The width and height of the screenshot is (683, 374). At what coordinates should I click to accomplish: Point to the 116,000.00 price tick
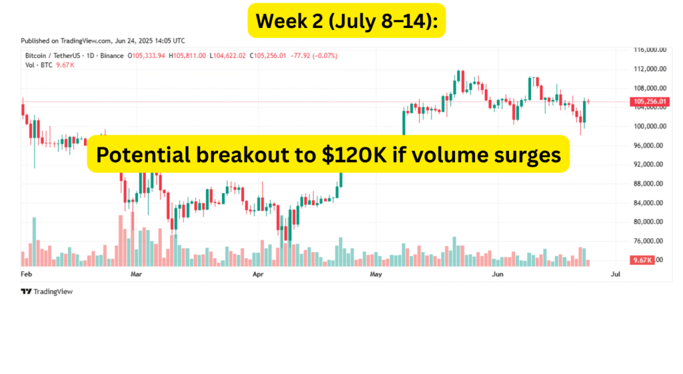[650, 50]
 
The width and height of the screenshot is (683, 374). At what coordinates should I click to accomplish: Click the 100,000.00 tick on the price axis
[650, 126]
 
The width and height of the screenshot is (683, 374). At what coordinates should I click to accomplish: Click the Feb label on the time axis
[27, 274]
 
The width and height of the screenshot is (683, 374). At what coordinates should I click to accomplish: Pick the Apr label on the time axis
[257, 274]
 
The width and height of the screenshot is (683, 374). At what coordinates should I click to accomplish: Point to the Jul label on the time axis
[615, 274]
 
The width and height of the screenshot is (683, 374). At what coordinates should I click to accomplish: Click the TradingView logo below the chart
[47, 291]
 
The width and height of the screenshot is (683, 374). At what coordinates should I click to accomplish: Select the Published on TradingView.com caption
[103, 41]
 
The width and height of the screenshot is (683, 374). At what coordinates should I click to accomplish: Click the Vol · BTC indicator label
[31, 65]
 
